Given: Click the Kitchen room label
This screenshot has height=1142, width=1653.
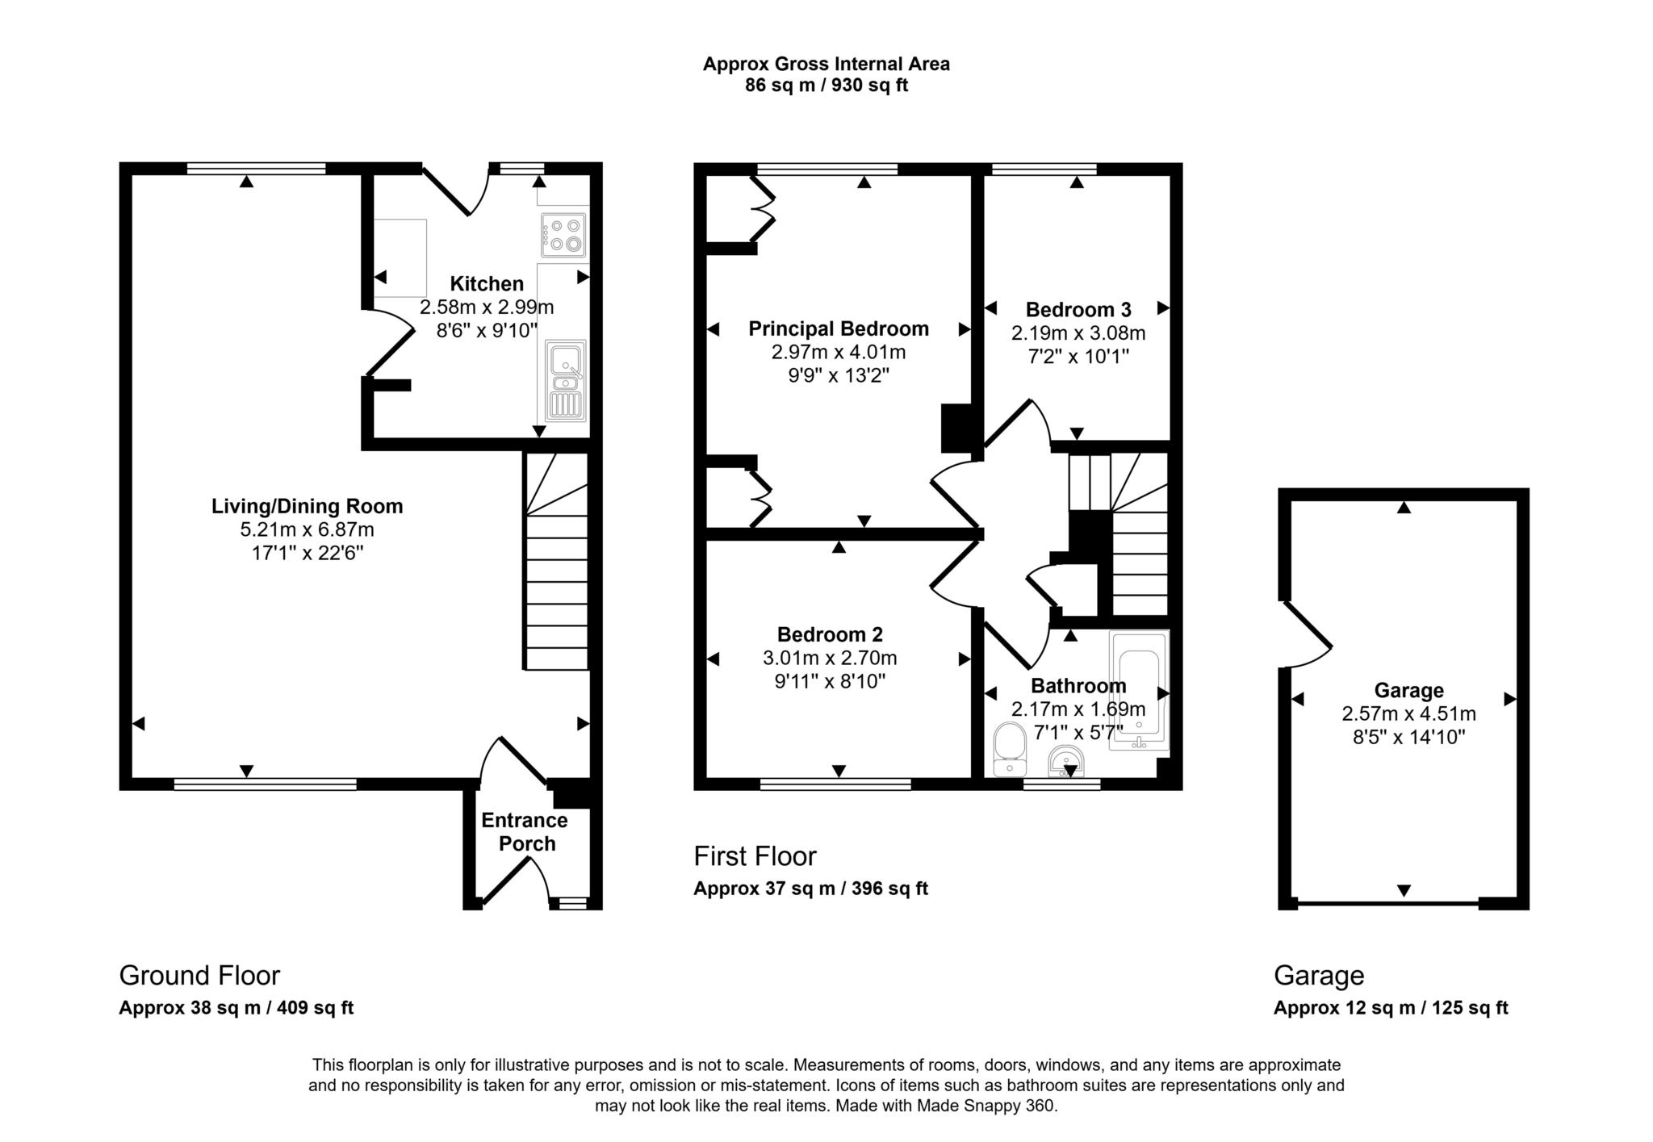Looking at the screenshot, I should click(x=486, y=284).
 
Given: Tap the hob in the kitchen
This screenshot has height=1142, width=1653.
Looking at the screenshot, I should click(x=563, y=235).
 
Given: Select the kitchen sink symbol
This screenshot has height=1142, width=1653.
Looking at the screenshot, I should click(x=566, y=380).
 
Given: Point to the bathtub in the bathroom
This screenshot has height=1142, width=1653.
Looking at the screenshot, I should click(x=1139, y=690).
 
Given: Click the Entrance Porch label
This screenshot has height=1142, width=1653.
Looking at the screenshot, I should click(x=525, y=832).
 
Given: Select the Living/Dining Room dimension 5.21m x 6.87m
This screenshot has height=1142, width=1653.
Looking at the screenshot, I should click(x=307, y=530).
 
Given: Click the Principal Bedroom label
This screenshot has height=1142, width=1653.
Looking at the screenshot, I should click(x=839, y=329).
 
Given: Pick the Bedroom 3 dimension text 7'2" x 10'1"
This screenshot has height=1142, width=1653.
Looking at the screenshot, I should click(x=1078, y=356).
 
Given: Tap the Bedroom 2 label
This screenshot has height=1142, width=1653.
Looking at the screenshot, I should click(x=830, y=634).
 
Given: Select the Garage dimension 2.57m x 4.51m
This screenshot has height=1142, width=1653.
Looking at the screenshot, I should click(x=1408, y=713).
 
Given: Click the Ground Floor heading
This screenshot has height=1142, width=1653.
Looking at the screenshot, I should click(x=199, y=976).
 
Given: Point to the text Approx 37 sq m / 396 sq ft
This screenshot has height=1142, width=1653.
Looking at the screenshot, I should click(x=810, y=889).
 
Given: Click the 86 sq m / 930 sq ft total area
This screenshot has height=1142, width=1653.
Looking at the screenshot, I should click(x=826, y=86).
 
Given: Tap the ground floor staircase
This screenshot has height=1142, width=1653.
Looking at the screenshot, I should click(x=556, y=565).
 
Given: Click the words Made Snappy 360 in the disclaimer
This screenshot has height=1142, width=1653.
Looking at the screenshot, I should click(x=986, y=1106).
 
